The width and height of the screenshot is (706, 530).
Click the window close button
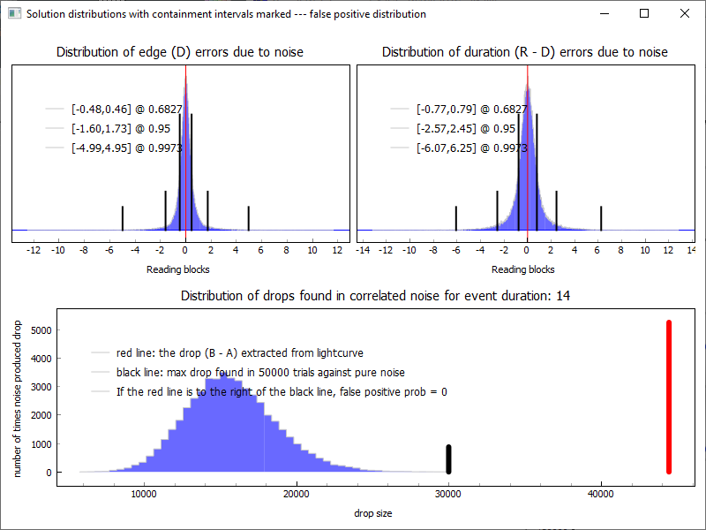pyautogui.click(x=685, y=13)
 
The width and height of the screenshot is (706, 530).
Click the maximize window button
pyautogui.click(x=644, y=13)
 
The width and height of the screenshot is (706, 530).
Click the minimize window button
pyautogui.click(x=605, y=13)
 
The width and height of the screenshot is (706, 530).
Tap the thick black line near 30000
pyautogui.click(x=448, y=458)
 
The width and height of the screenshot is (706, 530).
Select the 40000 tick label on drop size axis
pyautogui.click(x=600, y=494)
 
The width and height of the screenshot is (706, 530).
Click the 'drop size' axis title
pyautogui.click(x=374, y=513)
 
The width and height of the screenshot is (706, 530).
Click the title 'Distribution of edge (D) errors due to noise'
pyautogui.click(x=180, y=52)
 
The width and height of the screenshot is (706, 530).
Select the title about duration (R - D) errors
pyautogui.click(x=524, y=52)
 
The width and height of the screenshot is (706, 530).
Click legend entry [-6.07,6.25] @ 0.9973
pyautogui.click(x=471, y=148)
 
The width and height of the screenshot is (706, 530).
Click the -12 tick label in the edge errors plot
pyautogui.click(x=34, y=251)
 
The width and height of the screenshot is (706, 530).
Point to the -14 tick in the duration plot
pyautogui.click(x=362, y=251)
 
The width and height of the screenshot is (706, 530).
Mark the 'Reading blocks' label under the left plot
pyautogui.click(x=177, y=269)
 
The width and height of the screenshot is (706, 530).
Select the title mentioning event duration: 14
pyautogui.click(x=375, y=295)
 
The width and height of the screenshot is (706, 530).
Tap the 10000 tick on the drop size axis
pyautogui.click(x=144, y=494)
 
